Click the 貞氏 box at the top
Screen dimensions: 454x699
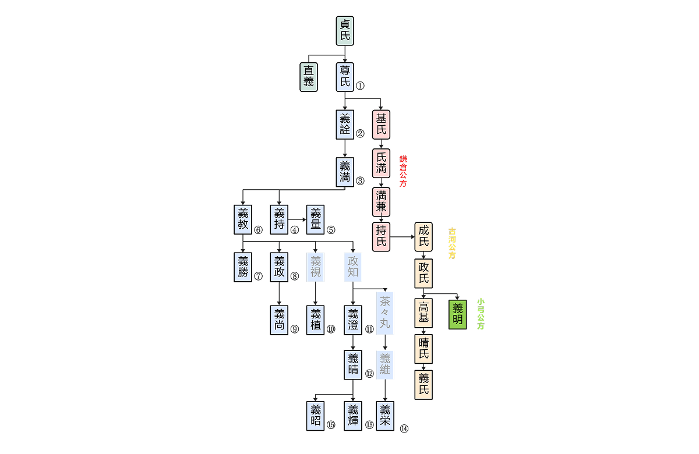click(x=345, y=30)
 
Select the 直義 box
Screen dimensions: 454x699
click(x=309, y=77)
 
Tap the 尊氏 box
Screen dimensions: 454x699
click(x=345, y=77)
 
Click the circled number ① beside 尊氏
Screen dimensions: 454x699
click(x=360, y=86)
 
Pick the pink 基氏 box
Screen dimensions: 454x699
click(x=381, y=124)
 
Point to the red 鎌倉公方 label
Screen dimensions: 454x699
click(x=403, y=171)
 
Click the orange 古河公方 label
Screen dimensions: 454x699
click(x=452, y=243)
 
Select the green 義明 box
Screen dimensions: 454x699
click(x=457, y=314)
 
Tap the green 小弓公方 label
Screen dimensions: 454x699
click(x=480, y=314)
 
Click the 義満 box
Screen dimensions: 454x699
click(x=345, y=172)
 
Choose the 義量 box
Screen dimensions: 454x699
click(x=315, y=219)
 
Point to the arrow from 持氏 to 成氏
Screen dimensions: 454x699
click(x=402, y=237)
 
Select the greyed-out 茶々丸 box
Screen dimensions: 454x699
click(x=384, y=313)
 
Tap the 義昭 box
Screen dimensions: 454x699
click(x=315, y=416)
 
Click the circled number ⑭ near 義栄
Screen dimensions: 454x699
click(x=404, y=429)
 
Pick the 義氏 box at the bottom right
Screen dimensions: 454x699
click(x=423, y=384)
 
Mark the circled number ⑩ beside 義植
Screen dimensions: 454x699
click(x=331, y=329)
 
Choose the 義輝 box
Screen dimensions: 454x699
click(x=353, y=416)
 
